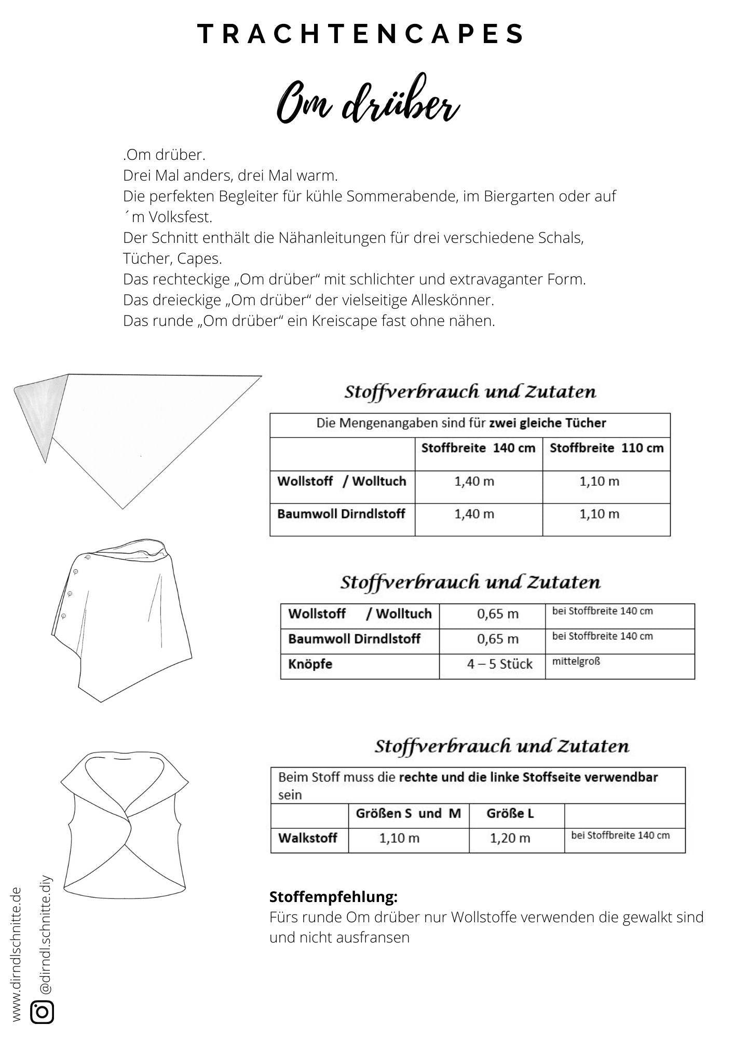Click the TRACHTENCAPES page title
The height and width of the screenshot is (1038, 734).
(362, 34)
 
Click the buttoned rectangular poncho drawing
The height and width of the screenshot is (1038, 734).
(122, 618)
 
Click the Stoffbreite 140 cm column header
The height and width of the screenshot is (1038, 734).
(478, 448)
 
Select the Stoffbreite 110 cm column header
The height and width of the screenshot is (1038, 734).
(606, 448)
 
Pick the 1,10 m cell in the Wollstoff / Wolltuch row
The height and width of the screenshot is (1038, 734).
(599, 482)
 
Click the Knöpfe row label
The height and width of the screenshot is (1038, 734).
(310, 664)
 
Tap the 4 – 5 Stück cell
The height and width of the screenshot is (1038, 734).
(499, 664)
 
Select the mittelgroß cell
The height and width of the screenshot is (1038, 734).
(576, 662)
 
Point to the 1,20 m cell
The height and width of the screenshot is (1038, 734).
(510, 838)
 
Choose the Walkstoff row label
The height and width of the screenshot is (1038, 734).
(308, 838)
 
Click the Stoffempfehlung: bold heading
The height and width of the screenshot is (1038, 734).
(333, 897)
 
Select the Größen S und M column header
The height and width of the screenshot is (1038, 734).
(408, 813)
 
